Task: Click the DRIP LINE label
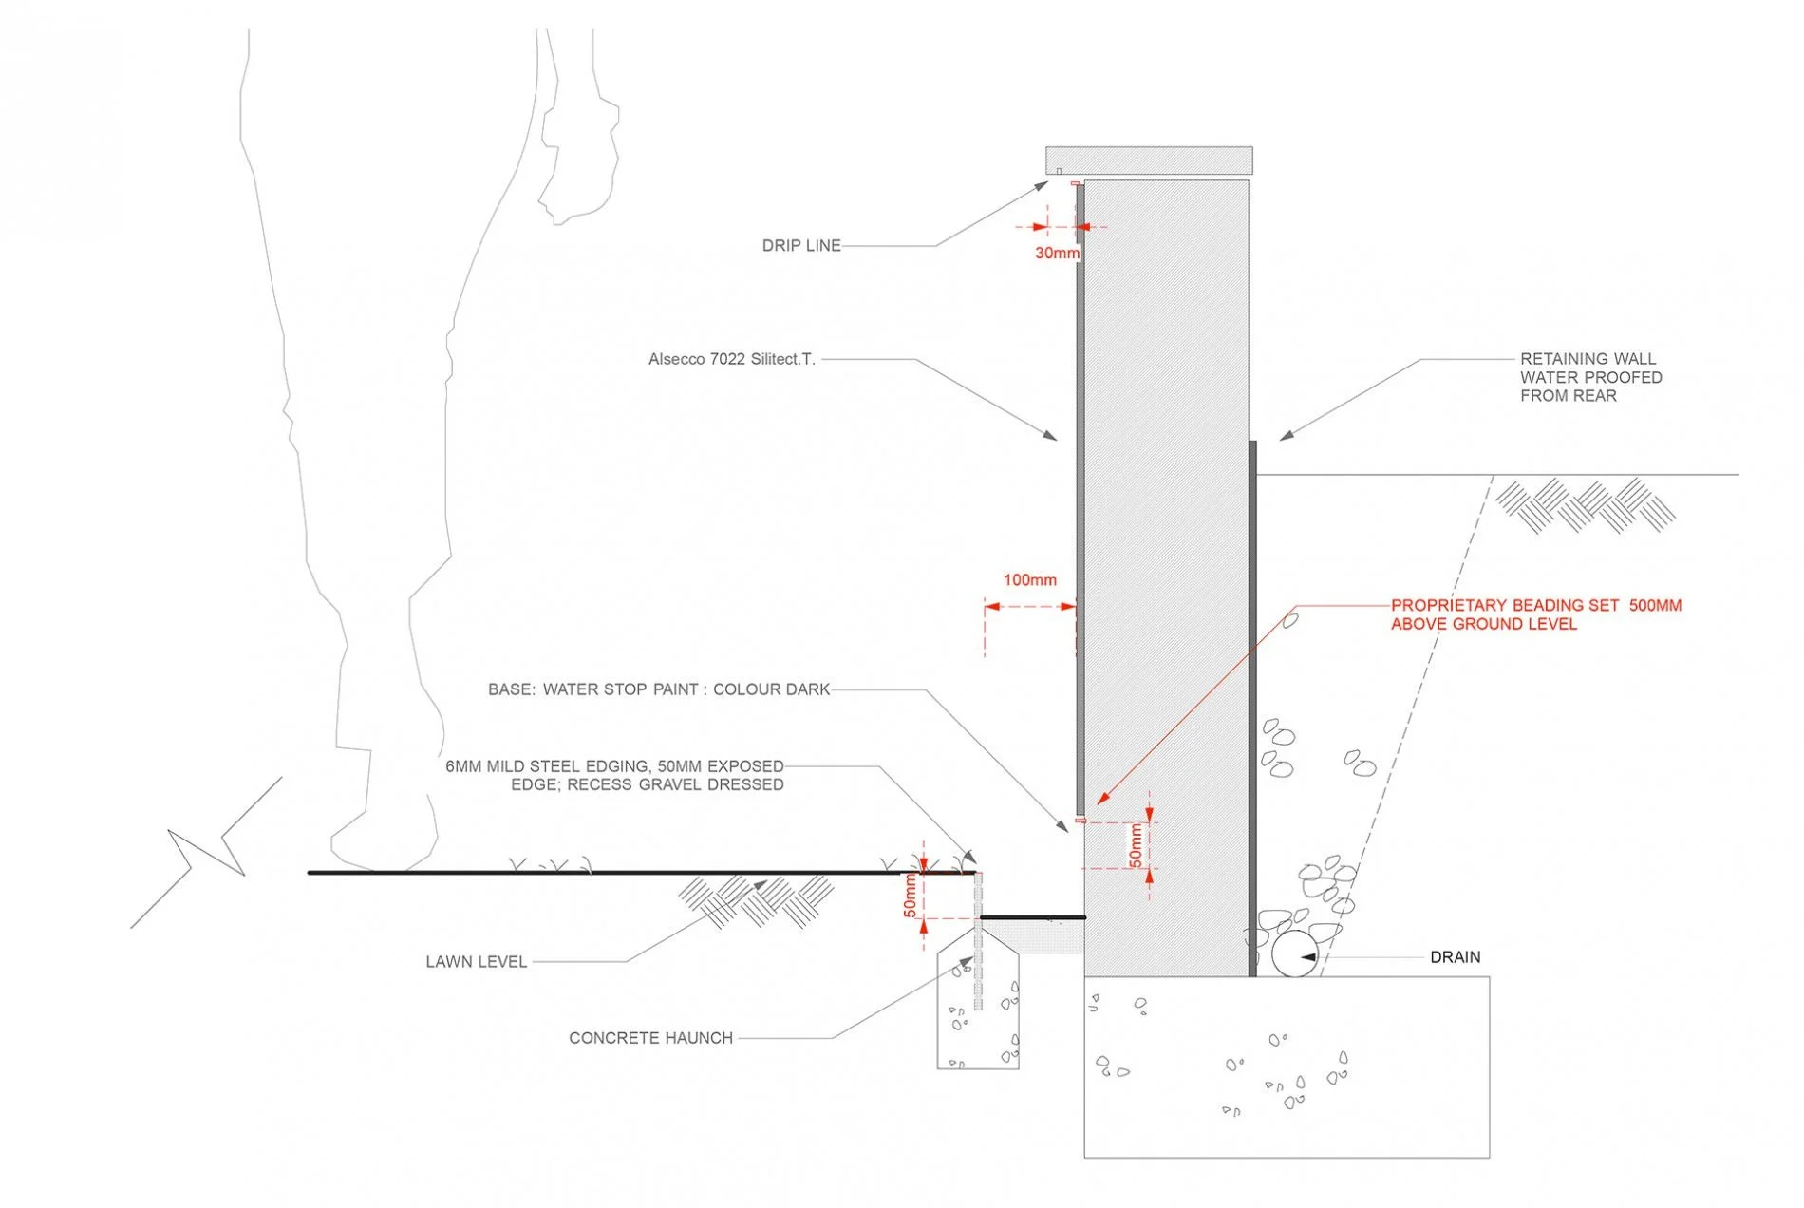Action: (800, 246)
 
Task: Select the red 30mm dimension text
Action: (1056, 254)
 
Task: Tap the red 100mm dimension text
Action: (1029, 580)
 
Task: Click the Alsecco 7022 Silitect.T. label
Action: (731, 360)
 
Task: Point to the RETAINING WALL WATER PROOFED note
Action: (1590, 377)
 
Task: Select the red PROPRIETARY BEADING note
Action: (1535, 614)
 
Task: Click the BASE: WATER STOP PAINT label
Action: (658, 689)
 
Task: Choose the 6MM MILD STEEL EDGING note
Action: (614, 775)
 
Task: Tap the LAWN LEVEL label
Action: (476, 962)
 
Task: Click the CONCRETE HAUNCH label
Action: (650, 1038)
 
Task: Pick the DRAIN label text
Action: (1455, 957)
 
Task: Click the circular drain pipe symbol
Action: (1295, 954)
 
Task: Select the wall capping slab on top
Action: (1149, 160)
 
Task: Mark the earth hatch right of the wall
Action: (1586, 504)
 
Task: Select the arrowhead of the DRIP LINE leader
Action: (1043, 185)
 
